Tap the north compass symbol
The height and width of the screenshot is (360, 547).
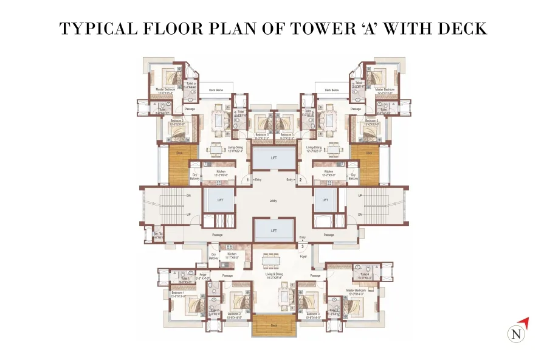(516, 333)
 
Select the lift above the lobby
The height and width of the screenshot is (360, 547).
(273, 159)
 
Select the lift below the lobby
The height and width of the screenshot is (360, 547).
(273, 230)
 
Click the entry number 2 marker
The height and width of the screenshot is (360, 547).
(300, 180)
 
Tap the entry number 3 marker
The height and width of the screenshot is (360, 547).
(302, 246)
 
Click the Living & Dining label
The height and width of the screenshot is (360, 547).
(274, 275)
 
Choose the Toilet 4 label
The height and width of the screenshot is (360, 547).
(365, 275)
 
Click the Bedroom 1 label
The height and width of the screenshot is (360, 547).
(178, 294)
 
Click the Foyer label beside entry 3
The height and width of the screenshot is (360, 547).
(303, 257)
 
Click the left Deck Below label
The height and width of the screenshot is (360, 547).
(216, 90)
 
